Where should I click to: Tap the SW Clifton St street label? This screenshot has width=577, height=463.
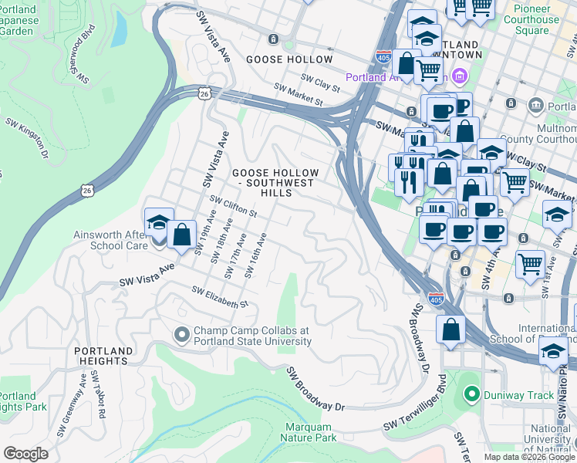click(234, 206)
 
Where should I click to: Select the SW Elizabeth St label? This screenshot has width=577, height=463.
click(221, 297)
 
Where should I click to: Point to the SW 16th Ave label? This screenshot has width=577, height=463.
click(255, 255)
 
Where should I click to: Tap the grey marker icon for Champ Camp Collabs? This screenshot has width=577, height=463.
click(182, 335)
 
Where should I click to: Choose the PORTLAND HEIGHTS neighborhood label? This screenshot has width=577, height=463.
click(101, 356)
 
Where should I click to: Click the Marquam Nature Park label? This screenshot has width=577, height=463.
click(310, 432)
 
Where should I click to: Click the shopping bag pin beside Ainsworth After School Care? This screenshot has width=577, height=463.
click(181, 235)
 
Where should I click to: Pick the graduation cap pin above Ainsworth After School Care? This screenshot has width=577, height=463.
click(158, 224)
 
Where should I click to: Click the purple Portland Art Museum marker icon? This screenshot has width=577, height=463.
click(461, 77)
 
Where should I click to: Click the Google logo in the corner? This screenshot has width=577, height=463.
click(25, 454)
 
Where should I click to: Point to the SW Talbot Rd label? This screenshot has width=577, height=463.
click(97, 394)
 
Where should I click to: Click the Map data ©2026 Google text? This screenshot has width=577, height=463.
click(529, 457)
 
